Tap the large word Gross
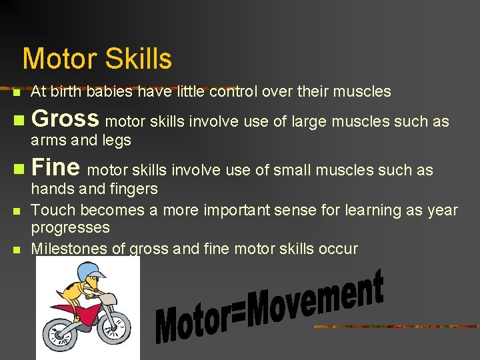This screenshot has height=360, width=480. pyautogui.click(x=65, y=119)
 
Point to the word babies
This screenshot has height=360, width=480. pyautogui.click(x=107, y=91)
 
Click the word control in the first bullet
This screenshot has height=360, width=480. pyautogui.click(x=233, y=91)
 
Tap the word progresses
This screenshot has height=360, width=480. pyautogui.click(x=70, y=228)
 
